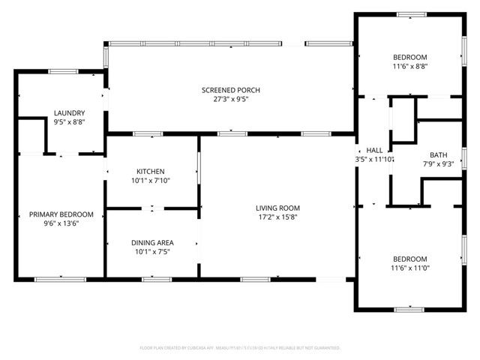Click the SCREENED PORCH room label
(230, 90)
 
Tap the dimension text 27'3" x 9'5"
(230, 98)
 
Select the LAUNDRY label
(64, 112)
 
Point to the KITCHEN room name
(150, 171)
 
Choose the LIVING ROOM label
(277, 208)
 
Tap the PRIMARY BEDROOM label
(61, 214)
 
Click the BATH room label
(439, 155)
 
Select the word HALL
(374, 151)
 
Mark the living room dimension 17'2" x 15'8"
(277, 217)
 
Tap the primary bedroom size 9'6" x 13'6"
(61, 223)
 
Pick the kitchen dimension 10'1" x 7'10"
(150, 180)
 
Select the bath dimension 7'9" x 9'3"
(439, 163)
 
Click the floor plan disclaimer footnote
(240, 348)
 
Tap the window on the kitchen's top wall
(148, 134)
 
